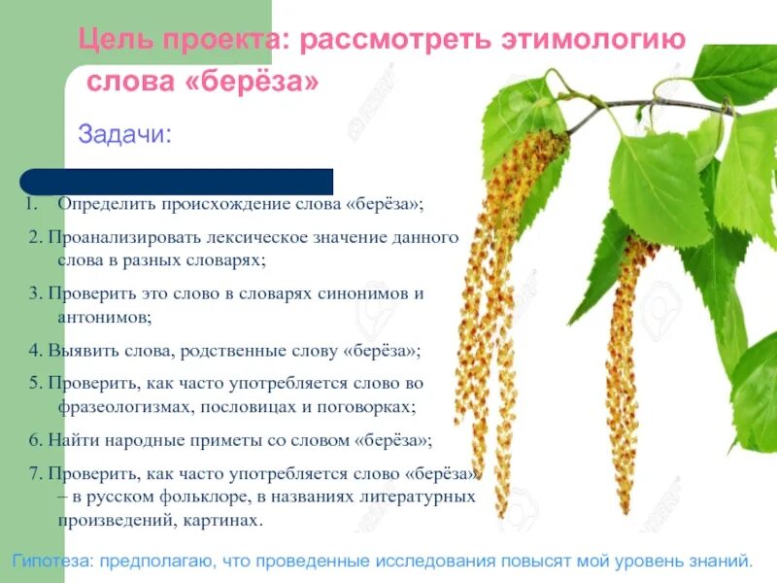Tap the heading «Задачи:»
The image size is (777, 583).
123,133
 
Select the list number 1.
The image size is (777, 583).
30,205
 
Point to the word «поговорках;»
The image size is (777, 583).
370,407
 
